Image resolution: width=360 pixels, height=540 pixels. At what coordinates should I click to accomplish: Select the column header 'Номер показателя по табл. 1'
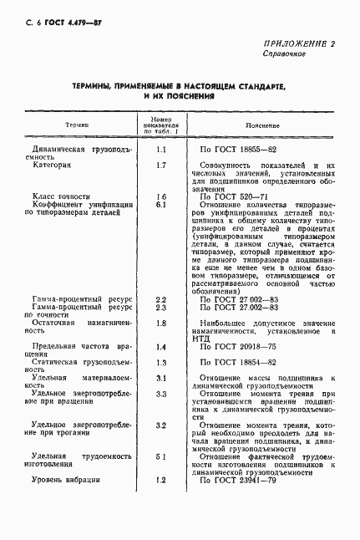pos(161,125)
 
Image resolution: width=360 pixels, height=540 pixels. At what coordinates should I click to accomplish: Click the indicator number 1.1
pos(161,149)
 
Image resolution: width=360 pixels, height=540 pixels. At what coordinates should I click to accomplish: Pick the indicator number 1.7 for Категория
pos(161,165)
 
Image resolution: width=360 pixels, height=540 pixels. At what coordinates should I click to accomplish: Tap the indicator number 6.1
pos(161,204)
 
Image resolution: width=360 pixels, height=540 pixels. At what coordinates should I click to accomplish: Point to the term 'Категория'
pos(52,165)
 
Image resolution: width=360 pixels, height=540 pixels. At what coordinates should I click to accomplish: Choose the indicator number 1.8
pos(161,323)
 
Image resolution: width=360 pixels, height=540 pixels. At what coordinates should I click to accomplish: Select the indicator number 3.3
pos(161,393)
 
